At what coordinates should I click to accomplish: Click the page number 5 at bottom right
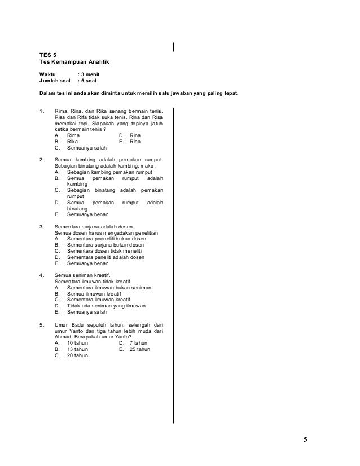click(x=305, y=440)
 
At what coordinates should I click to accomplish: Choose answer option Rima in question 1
click(x=73, y=135)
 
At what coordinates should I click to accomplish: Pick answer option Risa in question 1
click(x=135, y=142)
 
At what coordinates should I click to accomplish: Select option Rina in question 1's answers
click(x=135, y=135)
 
